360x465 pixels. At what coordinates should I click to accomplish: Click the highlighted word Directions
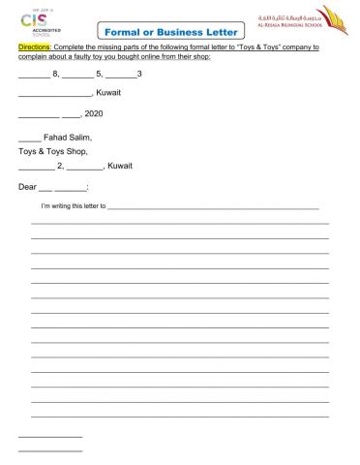tap(34, 46)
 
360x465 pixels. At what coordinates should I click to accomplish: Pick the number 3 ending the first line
tap(140, 74)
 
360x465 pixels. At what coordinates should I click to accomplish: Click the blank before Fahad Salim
tap(29, 139)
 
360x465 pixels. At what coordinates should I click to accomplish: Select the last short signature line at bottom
tap(50, 451)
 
